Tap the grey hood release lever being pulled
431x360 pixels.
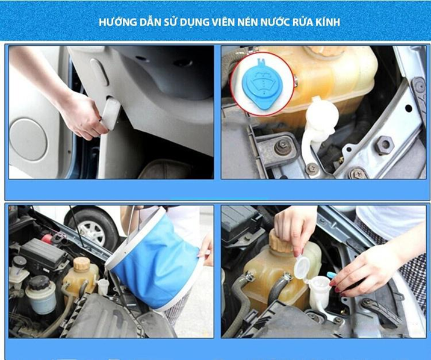pyautogui.click(x=111, y=113)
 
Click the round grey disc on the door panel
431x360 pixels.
pyautogui.click(x=28, y=139)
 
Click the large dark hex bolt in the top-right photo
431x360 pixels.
pyautogui.click(x=384, y=145)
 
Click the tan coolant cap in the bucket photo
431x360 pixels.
pyautogui.click(x=82, y=264)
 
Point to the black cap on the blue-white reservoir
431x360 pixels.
pyautogui.click(x=40, y=283)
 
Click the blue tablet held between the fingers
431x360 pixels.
pyautogui.click(x=332, y=275)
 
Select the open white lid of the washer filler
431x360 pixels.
pyautogui.click(x=302, y=266)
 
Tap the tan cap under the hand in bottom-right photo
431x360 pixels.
pyautogui.click(x=281, y=242)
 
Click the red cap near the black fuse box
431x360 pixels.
pyautogui.click(x=47, y=238)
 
